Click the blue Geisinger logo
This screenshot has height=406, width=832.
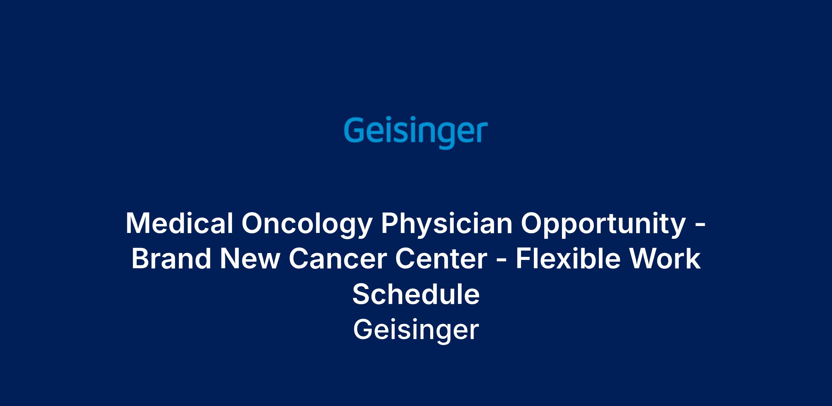(416, 134)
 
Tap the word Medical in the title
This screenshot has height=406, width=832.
(179, 223)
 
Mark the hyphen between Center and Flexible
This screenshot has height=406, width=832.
(502, 261)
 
